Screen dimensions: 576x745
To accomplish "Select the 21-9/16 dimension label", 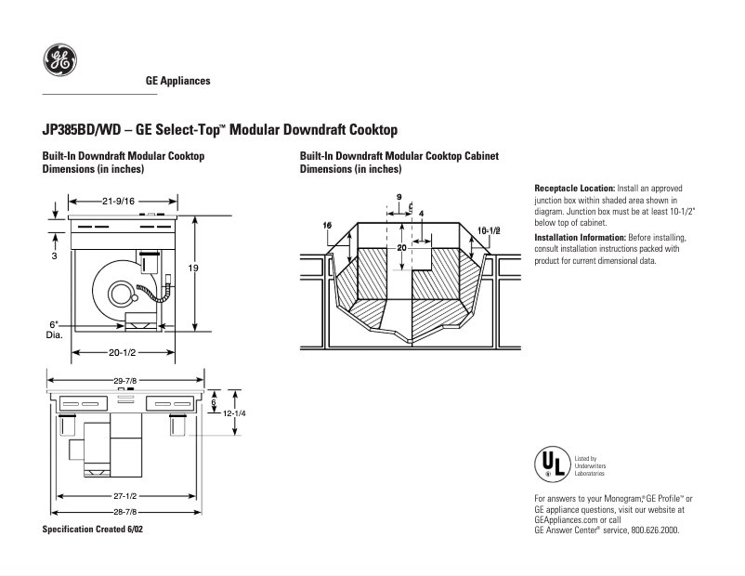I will tap(118, 201).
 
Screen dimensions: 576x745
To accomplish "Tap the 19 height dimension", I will tap(194, 268).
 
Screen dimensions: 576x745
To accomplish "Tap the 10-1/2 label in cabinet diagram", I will tap(489, 229).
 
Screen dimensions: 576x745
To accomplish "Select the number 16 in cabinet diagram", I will tap(327, 226).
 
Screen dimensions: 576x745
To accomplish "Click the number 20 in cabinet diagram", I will tap(401, 248).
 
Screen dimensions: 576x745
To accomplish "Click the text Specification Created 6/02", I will tap(93, 529).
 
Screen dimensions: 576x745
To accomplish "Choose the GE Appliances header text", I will tap(178, 81).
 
